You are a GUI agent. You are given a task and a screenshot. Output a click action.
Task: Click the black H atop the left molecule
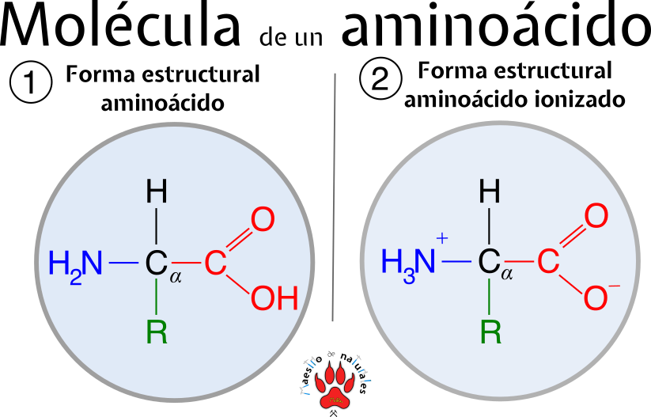click(157, 192)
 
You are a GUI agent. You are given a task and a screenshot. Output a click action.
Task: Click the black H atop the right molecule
click(490, 191)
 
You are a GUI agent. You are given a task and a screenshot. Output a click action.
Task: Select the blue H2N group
click(75, 264)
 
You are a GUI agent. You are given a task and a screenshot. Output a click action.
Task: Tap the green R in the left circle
click(157, 332)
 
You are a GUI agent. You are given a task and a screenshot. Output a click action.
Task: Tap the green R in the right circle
click(490, 332)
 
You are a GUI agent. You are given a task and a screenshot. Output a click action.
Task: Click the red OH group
click(274, 299)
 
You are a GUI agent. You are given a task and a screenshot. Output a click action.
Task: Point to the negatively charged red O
click(596, 299)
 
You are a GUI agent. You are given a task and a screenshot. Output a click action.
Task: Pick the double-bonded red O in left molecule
click(263, 220)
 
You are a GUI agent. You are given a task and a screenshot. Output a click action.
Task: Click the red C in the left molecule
click(215, 264)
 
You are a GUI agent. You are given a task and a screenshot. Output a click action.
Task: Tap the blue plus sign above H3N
click(441, 237)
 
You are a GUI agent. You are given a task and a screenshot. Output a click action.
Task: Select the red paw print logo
click(335, 385)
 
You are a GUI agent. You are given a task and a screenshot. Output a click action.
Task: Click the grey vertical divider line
click(334, 198)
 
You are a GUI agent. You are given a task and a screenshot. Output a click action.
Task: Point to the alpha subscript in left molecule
click(176, 276)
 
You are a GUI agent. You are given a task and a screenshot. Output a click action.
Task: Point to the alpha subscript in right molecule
click(507, 275)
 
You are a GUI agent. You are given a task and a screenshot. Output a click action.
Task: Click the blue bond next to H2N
click(123, 263)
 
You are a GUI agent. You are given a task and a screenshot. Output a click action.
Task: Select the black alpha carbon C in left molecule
click(156, 264)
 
